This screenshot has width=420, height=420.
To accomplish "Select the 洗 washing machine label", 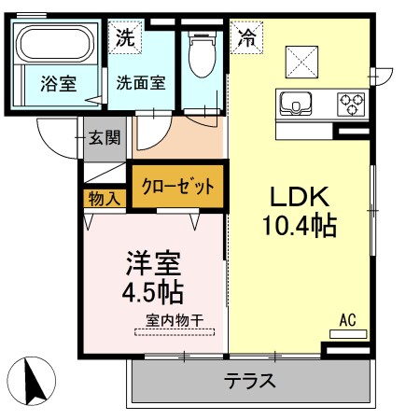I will (x=124, y=39).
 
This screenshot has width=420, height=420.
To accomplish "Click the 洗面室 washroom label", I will (x=141, y=82).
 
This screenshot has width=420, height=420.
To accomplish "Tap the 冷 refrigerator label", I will (x=247, y=38).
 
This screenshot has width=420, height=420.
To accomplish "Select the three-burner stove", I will (x=352, y=100).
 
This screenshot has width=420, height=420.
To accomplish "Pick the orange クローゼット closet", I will (x=178, y=185).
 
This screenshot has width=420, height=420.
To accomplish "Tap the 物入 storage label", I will (x=105, y=198).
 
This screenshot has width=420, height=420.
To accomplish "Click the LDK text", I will (x=298, y=198).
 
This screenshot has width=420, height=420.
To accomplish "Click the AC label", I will (x=348, y=319).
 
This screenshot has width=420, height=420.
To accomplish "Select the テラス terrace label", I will (x=249, y=381).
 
